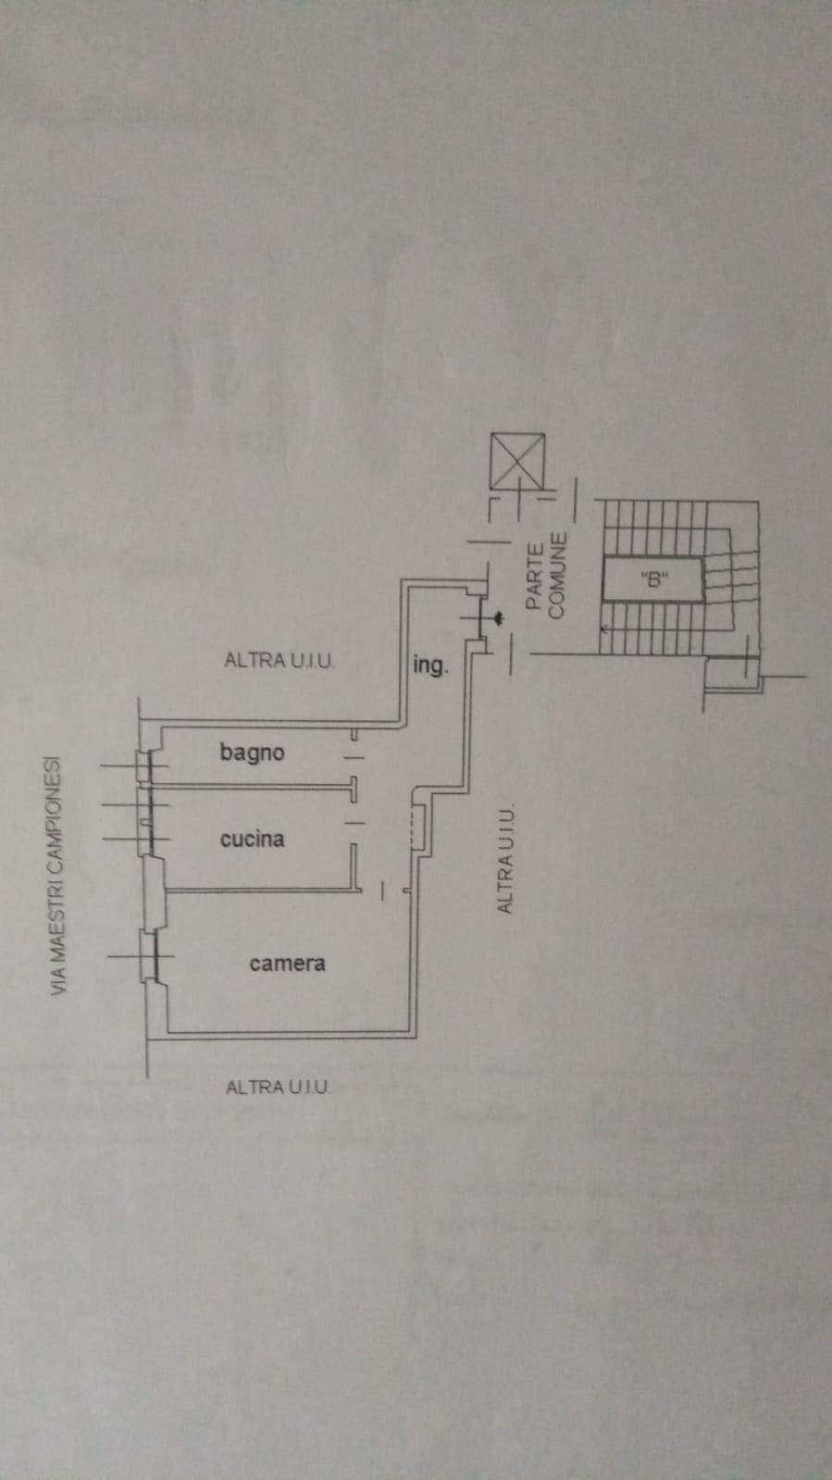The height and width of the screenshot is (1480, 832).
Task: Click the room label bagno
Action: [252, 752]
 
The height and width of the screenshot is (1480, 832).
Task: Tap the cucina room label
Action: [252, 839]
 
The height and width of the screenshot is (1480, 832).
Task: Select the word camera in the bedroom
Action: [287, 963]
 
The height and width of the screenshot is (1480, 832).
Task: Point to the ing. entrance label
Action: [430, 665]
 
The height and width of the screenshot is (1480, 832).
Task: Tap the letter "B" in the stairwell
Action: [654, 581]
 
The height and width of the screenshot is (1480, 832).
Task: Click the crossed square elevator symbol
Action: [518, 460]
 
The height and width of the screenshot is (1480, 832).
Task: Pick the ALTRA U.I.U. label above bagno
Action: [279, 660]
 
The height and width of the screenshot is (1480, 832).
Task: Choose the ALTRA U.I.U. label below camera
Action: [277, 1087]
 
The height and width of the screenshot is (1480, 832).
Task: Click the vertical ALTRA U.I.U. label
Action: [505, 860]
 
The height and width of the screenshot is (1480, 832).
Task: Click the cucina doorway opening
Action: [354, 821]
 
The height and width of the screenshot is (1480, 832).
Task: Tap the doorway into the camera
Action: [383, 890]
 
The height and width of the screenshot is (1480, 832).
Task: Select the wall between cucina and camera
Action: [259, 890]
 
